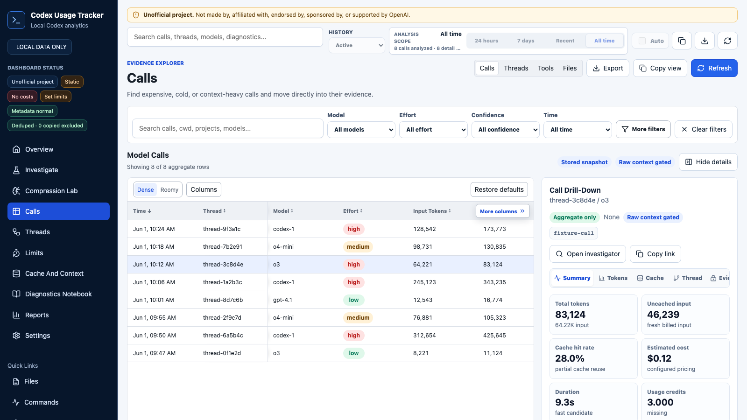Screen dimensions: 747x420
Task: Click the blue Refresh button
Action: click(714, 68)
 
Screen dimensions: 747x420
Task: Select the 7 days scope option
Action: click(526, 41)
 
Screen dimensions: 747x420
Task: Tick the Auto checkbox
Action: click(642, 41)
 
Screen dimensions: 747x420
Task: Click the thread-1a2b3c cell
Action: click(222, 282)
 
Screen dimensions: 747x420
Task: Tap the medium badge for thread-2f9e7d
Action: click(358, 318)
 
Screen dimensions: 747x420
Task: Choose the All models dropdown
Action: click(361, 129)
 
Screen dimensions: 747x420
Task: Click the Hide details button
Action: click(708, 162)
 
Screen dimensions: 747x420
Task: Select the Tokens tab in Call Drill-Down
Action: click(613, 278)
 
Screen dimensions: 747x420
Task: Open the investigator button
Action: click(588, 254)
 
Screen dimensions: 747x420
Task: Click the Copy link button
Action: click(655, 254)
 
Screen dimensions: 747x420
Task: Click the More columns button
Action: click(502, 211)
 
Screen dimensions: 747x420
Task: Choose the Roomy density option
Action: click(169, 189)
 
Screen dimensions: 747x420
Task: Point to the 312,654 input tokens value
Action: click(424, 336)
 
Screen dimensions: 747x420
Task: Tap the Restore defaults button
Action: click(499, 189)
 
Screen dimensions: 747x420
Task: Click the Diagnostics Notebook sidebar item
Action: click(58, 294)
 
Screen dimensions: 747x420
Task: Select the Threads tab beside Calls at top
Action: click(516, 68)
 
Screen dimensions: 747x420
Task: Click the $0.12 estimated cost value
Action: click(659, 358)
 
